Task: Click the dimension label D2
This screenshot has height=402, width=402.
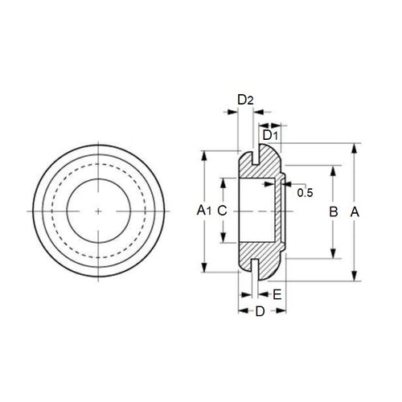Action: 246,100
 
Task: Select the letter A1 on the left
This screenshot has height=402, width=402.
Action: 204,211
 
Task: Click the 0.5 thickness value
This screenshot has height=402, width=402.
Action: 306,192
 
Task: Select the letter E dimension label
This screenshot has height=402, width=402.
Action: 277,294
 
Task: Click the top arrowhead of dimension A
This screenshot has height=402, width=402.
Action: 355,148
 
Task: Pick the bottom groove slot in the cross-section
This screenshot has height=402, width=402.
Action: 255,267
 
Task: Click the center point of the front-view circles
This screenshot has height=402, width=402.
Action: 99,211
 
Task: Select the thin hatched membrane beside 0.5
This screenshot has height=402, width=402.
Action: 279,211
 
